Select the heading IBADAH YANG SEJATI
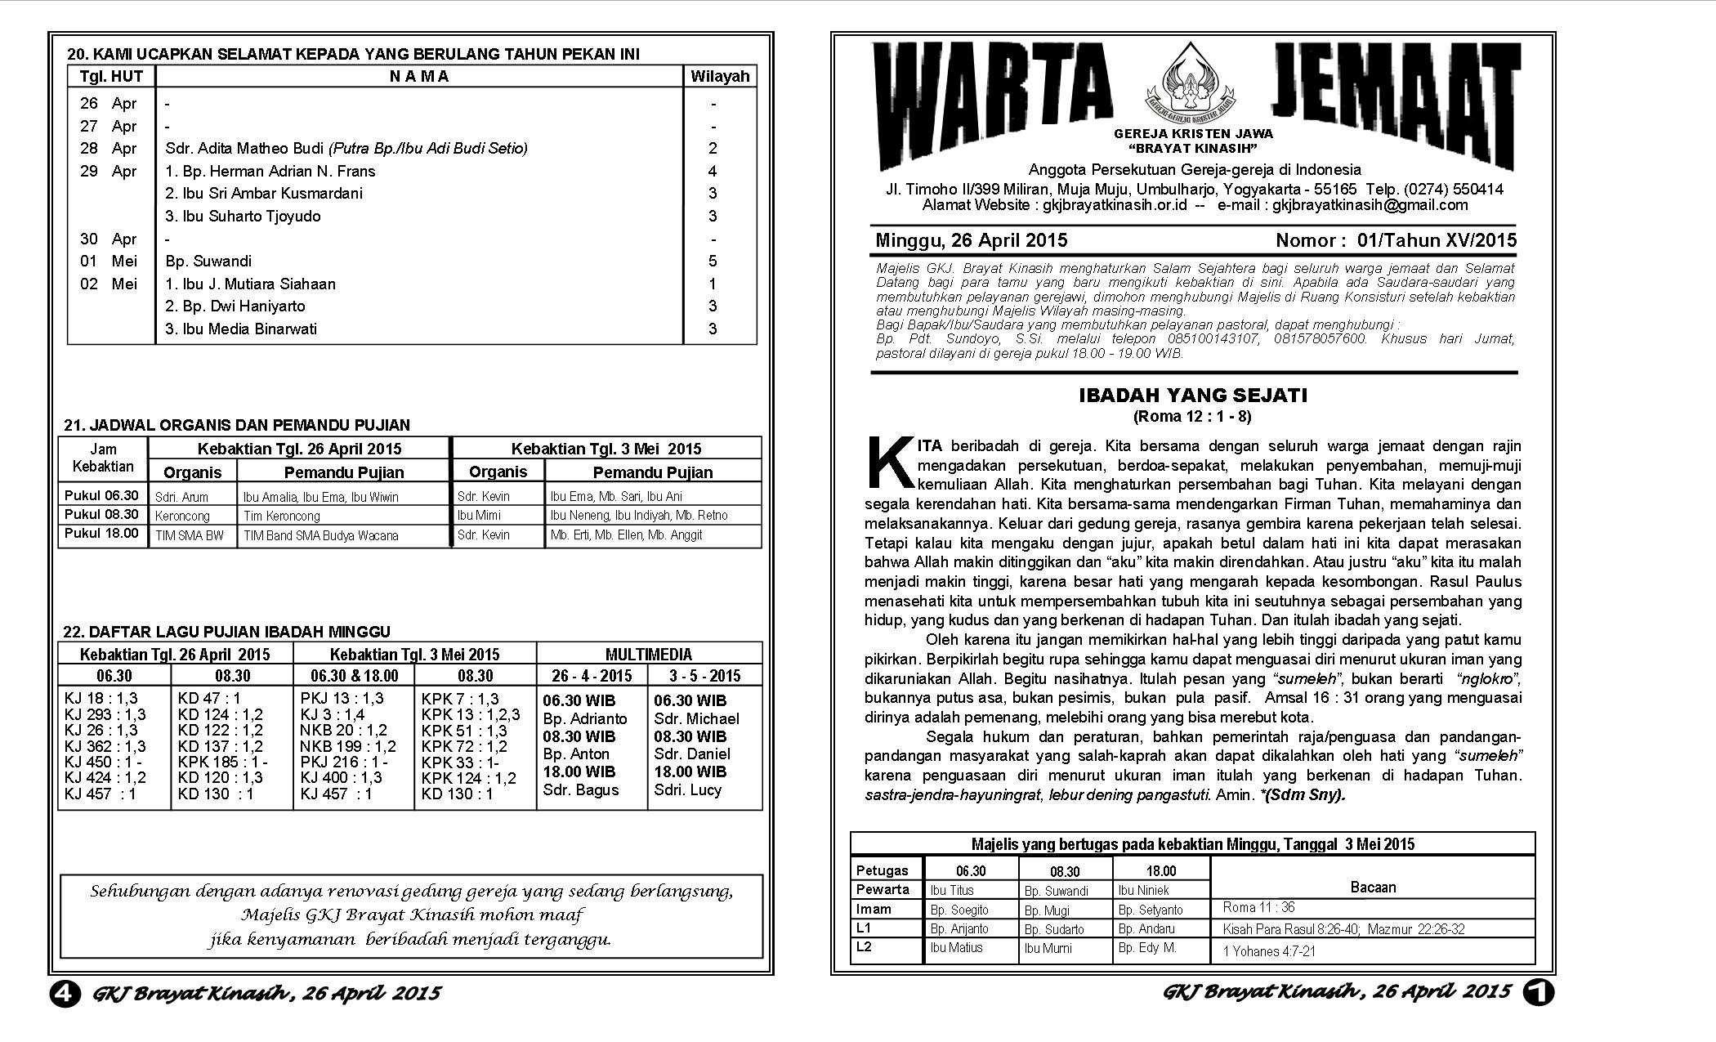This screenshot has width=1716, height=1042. pyautogui.click(x=1192, y=396)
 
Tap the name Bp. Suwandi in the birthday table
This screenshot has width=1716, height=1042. pyautogui.click(x=208, y=262)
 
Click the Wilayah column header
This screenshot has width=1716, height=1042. pyautogui.click(x=719, y=77)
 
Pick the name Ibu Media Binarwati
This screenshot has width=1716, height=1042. pyautogui.click(x=241, y=329)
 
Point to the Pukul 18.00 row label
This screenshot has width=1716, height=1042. pyautogui.click(x=101, y=534)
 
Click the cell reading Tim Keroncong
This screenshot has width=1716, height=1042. pyautogui.click(x=282, y=517)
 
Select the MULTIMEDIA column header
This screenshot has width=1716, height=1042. pyautogui.click(x=648, y=655)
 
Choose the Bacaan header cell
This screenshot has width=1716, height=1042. pyautogui.click(x=1373, y=888)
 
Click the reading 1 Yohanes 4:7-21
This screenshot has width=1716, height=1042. pyautogui.click(x=1269, y=951)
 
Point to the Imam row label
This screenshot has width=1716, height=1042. pyautogui.click(x=874, y=909)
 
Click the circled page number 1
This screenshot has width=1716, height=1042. pyautogui.click(x=1538, y=992)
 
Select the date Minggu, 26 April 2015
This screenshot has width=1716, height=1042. pyautogui.click(x=971, y=240)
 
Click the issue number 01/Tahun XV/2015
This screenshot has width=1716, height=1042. pyautogui.click(x=1437, y=240)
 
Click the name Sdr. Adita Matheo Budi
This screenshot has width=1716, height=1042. pyautogui.click(x=244, y=149)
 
